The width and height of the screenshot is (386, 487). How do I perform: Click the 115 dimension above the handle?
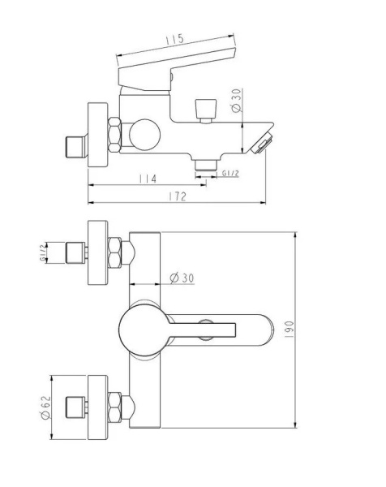tap(173, 39)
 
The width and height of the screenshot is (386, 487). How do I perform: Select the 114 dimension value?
tap(147, 178)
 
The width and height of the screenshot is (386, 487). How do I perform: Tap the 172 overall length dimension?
tap(178, 196)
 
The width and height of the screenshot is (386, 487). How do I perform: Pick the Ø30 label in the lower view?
tap(182, 278)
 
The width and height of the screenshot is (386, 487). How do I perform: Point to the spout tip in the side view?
tap(261, 144)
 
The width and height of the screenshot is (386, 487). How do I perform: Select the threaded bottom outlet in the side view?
tap(204, 166)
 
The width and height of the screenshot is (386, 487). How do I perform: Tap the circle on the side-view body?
tap(145, 132)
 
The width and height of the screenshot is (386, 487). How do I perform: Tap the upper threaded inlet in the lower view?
tap(76, 252)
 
